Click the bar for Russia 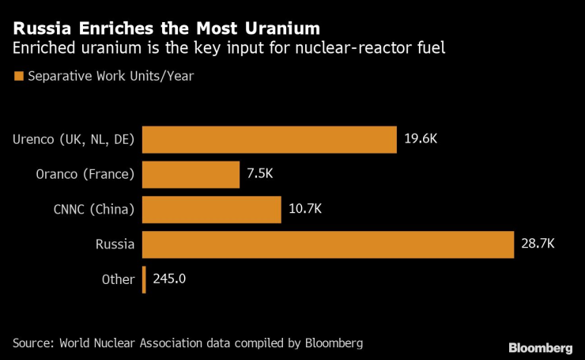(x=328, y=244)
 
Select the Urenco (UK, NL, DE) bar (x=269, y=140)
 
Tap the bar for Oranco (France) (x=191, y=175)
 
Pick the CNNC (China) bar (x=211, y=210)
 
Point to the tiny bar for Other (x=144, y=279)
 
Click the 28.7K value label (x=538, y=244)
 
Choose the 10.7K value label (x=305, y=210)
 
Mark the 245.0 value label (x=168, y=279)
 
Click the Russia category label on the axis (x=115, y=244)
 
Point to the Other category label (x=118, y=279)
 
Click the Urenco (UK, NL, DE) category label (x=74, y=140)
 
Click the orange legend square (x=17, y=77)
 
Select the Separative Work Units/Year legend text (x=110, y=77)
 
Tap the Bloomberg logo (x=541, y=347)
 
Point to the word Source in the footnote (x=34, y=343)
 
